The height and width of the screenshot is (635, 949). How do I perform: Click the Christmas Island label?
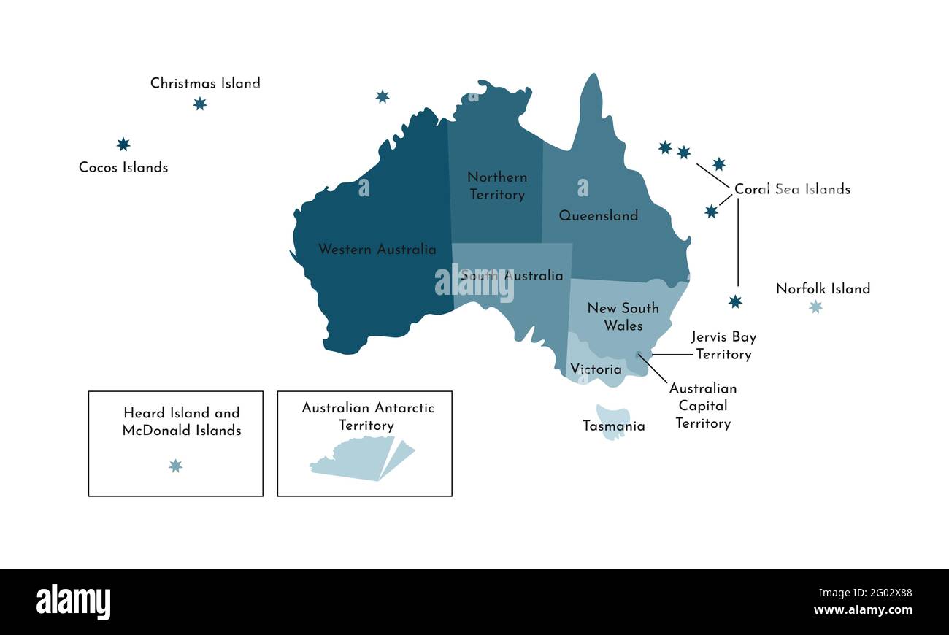point(205,83)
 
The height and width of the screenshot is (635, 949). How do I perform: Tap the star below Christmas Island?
point(199,104)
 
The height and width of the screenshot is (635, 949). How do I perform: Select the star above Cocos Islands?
point(123,145)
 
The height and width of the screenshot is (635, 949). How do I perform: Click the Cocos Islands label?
point(123,167)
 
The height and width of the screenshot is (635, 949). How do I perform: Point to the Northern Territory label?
point(497,185)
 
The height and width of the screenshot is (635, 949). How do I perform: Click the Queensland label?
point(599,215)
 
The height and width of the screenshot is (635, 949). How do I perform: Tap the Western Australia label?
point(377,250)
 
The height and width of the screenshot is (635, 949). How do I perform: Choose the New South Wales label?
point(623,317)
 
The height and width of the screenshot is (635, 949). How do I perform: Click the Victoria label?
point(596,369)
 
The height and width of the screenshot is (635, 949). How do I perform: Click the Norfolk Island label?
point(823,288)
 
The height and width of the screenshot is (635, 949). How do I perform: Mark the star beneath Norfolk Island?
point(815,307)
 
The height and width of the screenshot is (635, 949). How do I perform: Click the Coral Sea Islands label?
point(792,189)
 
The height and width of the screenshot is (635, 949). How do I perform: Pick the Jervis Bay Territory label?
point(723,345)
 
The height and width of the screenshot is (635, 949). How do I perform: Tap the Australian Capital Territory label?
point(703,406)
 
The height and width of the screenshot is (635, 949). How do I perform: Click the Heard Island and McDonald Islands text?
point(181,422)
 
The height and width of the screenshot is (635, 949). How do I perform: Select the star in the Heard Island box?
point(175,466)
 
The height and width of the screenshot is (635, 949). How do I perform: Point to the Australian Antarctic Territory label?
point(367,416)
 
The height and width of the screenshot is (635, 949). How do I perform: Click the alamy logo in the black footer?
point(73,602)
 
